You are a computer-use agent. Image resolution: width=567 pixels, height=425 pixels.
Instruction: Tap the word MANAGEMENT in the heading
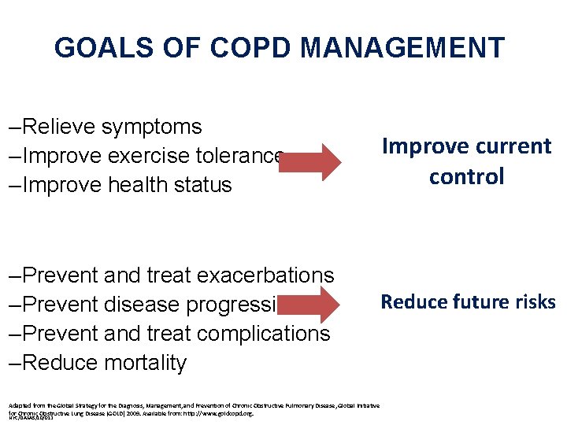point(402,48)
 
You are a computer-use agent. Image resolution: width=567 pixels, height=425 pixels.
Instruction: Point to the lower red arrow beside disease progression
point(312,305)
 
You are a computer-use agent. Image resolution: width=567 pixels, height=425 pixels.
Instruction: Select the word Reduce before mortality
point(61,363)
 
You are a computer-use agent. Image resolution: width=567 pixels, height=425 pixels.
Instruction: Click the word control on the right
point(466,176)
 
